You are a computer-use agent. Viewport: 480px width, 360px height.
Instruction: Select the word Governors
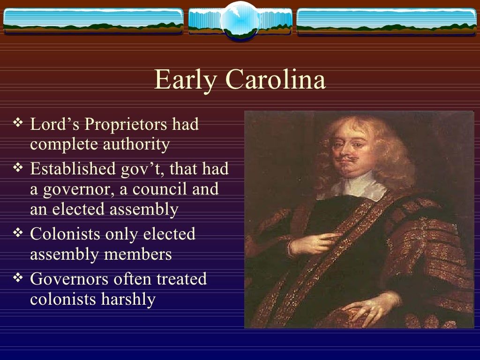[x=65, y=279]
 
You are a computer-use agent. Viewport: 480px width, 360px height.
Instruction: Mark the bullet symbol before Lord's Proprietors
[x=18, y=124]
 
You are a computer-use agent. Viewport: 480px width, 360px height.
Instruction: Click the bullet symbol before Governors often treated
[x=18, y=278]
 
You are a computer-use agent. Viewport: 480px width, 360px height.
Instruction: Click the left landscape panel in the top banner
[x=93, y=22]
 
